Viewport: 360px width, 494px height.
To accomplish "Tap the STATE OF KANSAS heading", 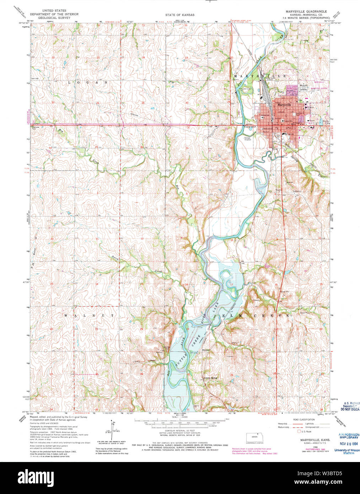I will click(179, 15).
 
